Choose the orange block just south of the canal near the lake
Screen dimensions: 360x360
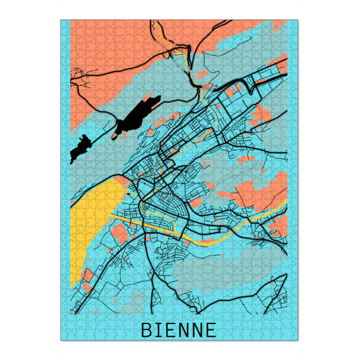click(120, 231)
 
